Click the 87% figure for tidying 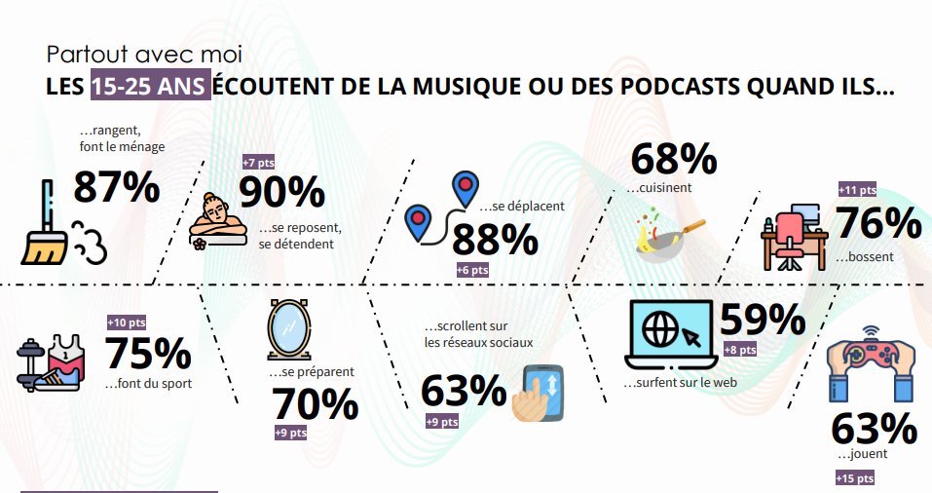116,186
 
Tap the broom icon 45,224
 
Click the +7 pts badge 259,162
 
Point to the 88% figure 494,239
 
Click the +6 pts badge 472,270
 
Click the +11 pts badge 857,190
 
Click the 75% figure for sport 147,354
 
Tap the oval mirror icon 288,330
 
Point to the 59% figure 762,320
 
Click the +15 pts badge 854,477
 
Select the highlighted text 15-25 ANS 150,87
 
